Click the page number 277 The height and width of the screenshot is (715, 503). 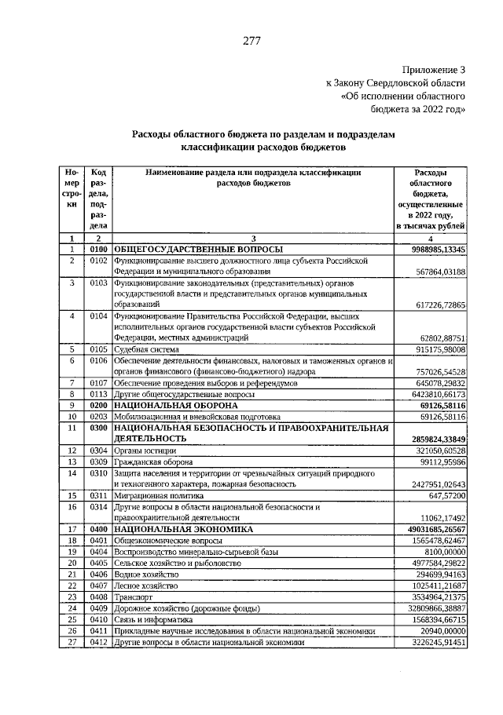coord(251,41)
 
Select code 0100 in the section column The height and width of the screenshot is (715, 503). coord(99,249)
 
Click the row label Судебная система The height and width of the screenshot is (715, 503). coord(147,349)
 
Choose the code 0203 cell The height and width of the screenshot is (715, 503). coord(99,417)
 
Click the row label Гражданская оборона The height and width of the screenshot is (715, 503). coord(153,462)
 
